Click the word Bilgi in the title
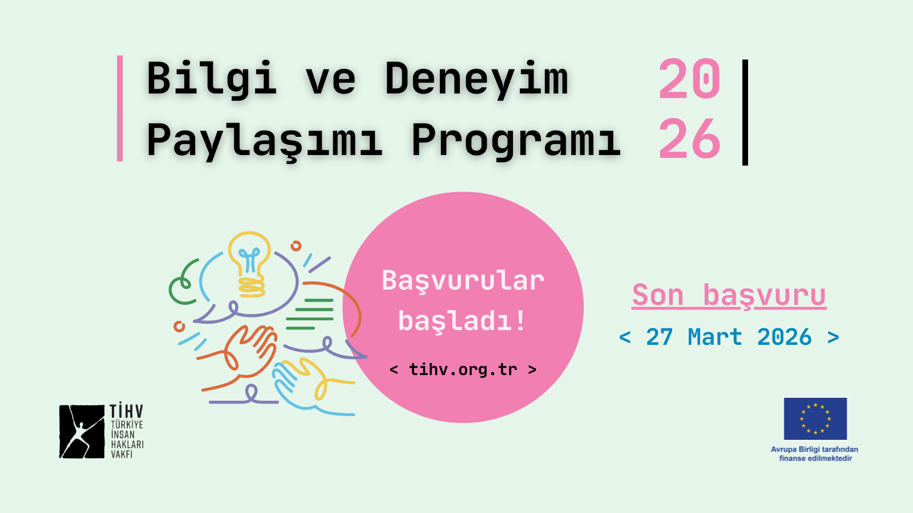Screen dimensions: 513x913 click(x=211, y=79)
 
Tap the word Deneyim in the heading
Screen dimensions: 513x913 click(x=476, y=79)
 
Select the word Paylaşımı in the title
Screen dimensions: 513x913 click(x=264, y=140)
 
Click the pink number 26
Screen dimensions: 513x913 click(x=689, y=139)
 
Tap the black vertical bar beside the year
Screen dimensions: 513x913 click(x=745, y=112)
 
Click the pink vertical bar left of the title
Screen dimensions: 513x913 click(x=120, y=108)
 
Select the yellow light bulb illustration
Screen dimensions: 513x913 click(x=250, y=262)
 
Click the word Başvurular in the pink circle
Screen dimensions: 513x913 click(x=463, y=280)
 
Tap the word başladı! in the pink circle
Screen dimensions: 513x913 click(x=462, y=321)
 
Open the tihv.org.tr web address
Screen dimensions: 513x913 click(x=463, y=369)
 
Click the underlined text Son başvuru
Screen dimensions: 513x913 click(x=729, y=295)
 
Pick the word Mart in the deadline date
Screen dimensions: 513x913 click(x=714, y=337)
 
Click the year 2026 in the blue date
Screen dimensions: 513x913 click(x=784, y=337)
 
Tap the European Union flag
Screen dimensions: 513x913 click(x=815, y=419)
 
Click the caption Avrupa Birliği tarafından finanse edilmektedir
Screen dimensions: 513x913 click(x=815, y=454)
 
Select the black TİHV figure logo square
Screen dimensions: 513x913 click(x=82, y=431)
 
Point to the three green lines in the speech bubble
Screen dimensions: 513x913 click(x=310, y=314)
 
